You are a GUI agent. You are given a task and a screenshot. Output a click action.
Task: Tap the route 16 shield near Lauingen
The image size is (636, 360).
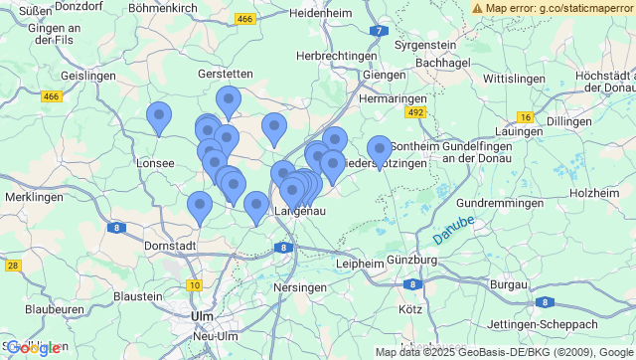pyautogui.click(x=525, y=117)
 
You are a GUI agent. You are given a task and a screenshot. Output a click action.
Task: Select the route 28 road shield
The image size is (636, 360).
pyautogui.click(x=13, y=266)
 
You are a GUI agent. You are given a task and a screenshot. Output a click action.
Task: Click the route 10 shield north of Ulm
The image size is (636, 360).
pyautogui.click(x=194, y=285)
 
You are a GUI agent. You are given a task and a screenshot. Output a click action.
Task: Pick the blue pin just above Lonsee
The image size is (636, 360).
pyautogui.click(x=159, y=118)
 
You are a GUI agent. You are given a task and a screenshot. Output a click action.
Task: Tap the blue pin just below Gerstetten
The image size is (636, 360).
pyautogui.click(x=229, y=101)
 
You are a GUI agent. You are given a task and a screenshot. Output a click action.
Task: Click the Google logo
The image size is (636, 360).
pyautogui.click(x=32, y=348)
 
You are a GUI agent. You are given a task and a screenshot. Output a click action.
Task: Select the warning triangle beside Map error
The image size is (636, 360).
pyautogui.click(x=478, y=8)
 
